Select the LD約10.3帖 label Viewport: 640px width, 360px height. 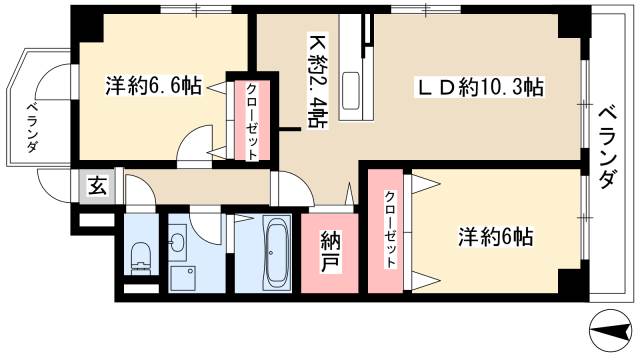pyautogui.click(x=479, y=88)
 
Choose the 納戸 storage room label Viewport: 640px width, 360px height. pyautogui.click(x=329, y=254)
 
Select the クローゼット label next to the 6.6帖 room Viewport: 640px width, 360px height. pyautogui.click(x=252, y=121)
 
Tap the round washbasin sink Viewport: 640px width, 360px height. pyautogui.click(x=178, y=241)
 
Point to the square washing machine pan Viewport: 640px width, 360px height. pyautogui.click(x=181, y=277)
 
